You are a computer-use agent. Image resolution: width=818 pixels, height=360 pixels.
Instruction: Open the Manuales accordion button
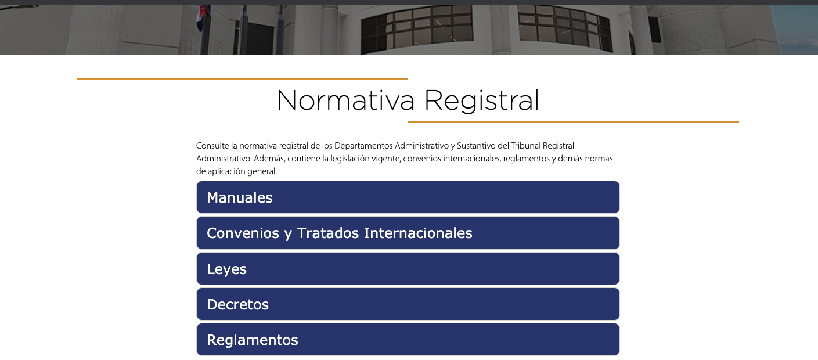click(x=408, y=197)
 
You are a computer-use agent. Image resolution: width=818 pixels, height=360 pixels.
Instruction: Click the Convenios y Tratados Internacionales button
click(x=408, y=233)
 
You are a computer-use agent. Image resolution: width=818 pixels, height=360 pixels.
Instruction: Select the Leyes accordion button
click(x=408, y=269)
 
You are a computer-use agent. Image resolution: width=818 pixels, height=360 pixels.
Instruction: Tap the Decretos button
click(x=408, y=304)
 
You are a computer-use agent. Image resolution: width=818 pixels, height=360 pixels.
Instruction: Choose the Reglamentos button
click(x=408, y=340)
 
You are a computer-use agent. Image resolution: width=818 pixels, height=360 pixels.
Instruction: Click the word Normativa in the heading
click(x=345, y=100)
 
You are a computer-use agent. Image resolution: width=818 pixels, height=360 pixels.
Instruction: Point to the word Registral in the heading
click(x=482, y=101)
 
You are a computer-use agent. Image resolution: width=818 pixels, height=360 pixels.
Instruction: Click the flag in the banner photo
click(x=203, y=18)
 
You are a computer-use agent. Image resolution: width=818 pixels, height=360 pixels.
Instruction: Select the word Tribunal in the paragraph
click(x=525, y=146)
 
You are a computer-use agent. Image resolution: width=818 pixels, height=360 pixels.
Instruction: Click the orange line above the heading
click(x=243, y=79)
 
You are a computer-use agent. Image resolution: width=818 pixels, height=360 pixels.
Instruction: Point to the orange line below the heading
click(x=574, y=122)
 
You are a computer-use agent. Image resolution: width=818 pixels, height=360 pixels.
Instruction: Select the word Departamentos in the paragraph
click(x=363, y=146)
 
